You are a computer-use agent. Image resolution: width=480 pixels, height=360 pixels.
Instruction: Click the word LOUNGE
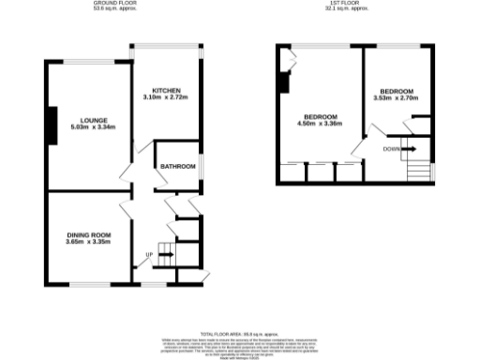tap(94, 120)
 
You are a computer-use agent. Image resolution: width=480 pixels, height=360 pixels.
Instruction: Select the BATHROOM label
tap(176, 166)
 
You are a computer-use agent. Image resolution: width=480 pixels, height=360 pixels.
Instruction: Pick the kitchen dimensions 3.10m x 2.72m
tap(167, 97)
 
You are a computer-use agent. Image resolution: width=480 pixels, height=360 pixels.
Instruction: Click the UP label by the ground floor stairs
tap(148, 254)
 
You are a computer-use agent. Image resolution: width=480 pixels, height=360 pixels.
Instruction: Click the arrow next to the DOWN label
tap(410, 149)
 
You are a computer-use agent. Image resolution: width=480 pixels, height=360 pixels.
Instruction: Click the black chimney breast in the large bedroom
tap(283, 82)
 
